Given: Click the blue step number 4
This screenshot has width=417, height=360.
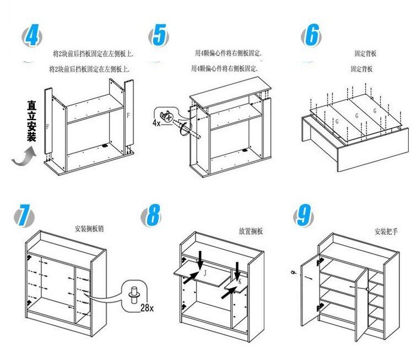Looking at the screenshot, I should click(32, 36).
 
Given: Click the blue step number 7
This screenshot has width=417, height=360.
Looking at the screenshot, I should click(22, 214).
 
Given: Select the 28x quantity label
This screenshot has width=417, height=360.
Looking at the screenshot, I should click(147, 307).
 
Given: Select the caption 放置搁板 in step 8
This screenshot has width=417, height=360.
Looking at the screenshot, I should click(251, 231).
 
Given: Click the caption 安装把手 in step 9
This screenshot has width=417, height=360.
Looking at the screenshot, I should click(386, 232).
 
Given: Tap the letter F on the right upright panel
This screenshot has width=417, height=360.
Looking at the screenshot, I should click(128, 116).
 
